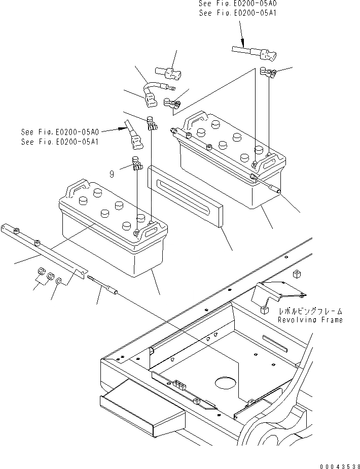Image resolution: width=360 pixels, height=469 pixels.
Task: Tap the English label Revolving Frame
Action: pyautogui.click(x=310, y=320)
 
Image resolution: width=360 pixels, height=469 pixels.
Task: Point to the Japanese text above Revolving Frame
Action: pyautogui.click(x=310, y=311)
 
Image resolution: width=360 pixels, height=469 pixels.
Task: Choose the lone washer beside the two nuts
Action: pyautogui.click(x=59, y=281)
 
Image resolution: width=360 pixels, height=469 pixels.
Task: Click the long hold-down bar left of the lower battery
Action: pyautogui.click(x=43, y=249)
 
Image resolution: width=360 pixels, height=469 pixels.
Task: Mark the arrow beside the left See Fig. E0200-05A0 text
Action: pyautogui.click(x=122, y=128)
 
